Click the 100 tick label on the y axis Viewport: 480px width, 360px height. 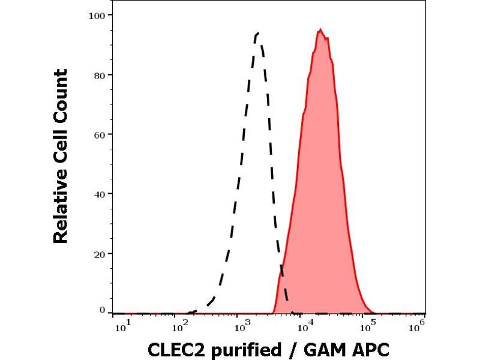pos(100,14)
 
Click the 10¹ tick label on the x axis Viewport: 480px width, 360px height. pos(121,325)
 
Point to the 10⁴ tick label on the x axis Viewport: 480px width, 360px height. pos(302,325)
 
